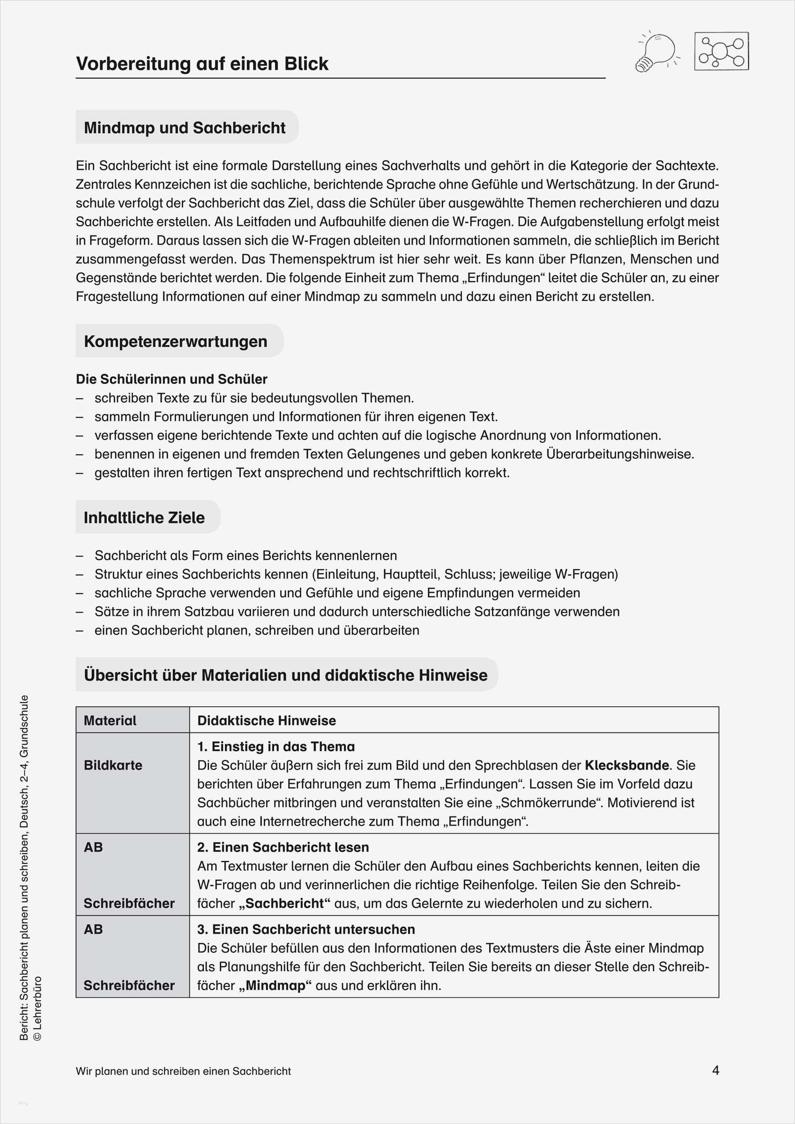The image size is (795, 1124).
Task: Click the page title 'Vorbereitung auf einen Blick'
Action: tap(202, 64)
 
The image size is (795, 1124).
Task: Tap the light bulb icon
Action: tap(656, 51)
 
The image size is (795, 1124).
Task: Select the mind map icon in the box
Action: tap(721, 52)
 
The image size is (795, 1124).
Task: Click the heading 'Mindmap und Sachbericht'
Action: tap(185, 128)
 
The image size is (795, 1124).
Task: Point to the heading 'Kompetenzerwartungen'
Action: tap(175, 341)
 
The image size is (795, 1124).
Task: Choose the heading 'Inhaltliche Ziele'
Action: tap(144, 518)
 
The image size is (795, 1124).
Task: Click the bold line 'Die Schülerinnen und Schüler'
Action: tap(171, 379)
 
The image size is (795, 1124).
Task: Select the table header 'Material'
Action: tap(110, 720)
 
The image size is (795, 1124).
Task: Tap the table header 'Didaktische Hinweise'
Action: tap(267, 720)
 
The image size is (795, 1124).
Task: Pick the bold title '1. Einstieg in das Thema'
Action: tap(276, 747)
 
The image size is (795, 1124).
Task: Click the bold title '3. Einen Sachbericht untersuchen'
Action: tap(306, 930)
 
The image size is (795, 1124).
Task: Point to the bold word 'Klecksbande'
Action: tap(626, 765)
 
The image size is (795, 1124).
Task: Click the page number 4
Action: tap(716, 1071)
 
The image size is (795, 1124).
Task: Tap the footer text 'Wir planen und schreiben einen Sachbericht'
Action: tap(183, 1071)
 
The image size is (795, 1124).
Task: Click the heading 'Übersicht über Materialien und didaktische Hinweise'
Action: tap(286, 675)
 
